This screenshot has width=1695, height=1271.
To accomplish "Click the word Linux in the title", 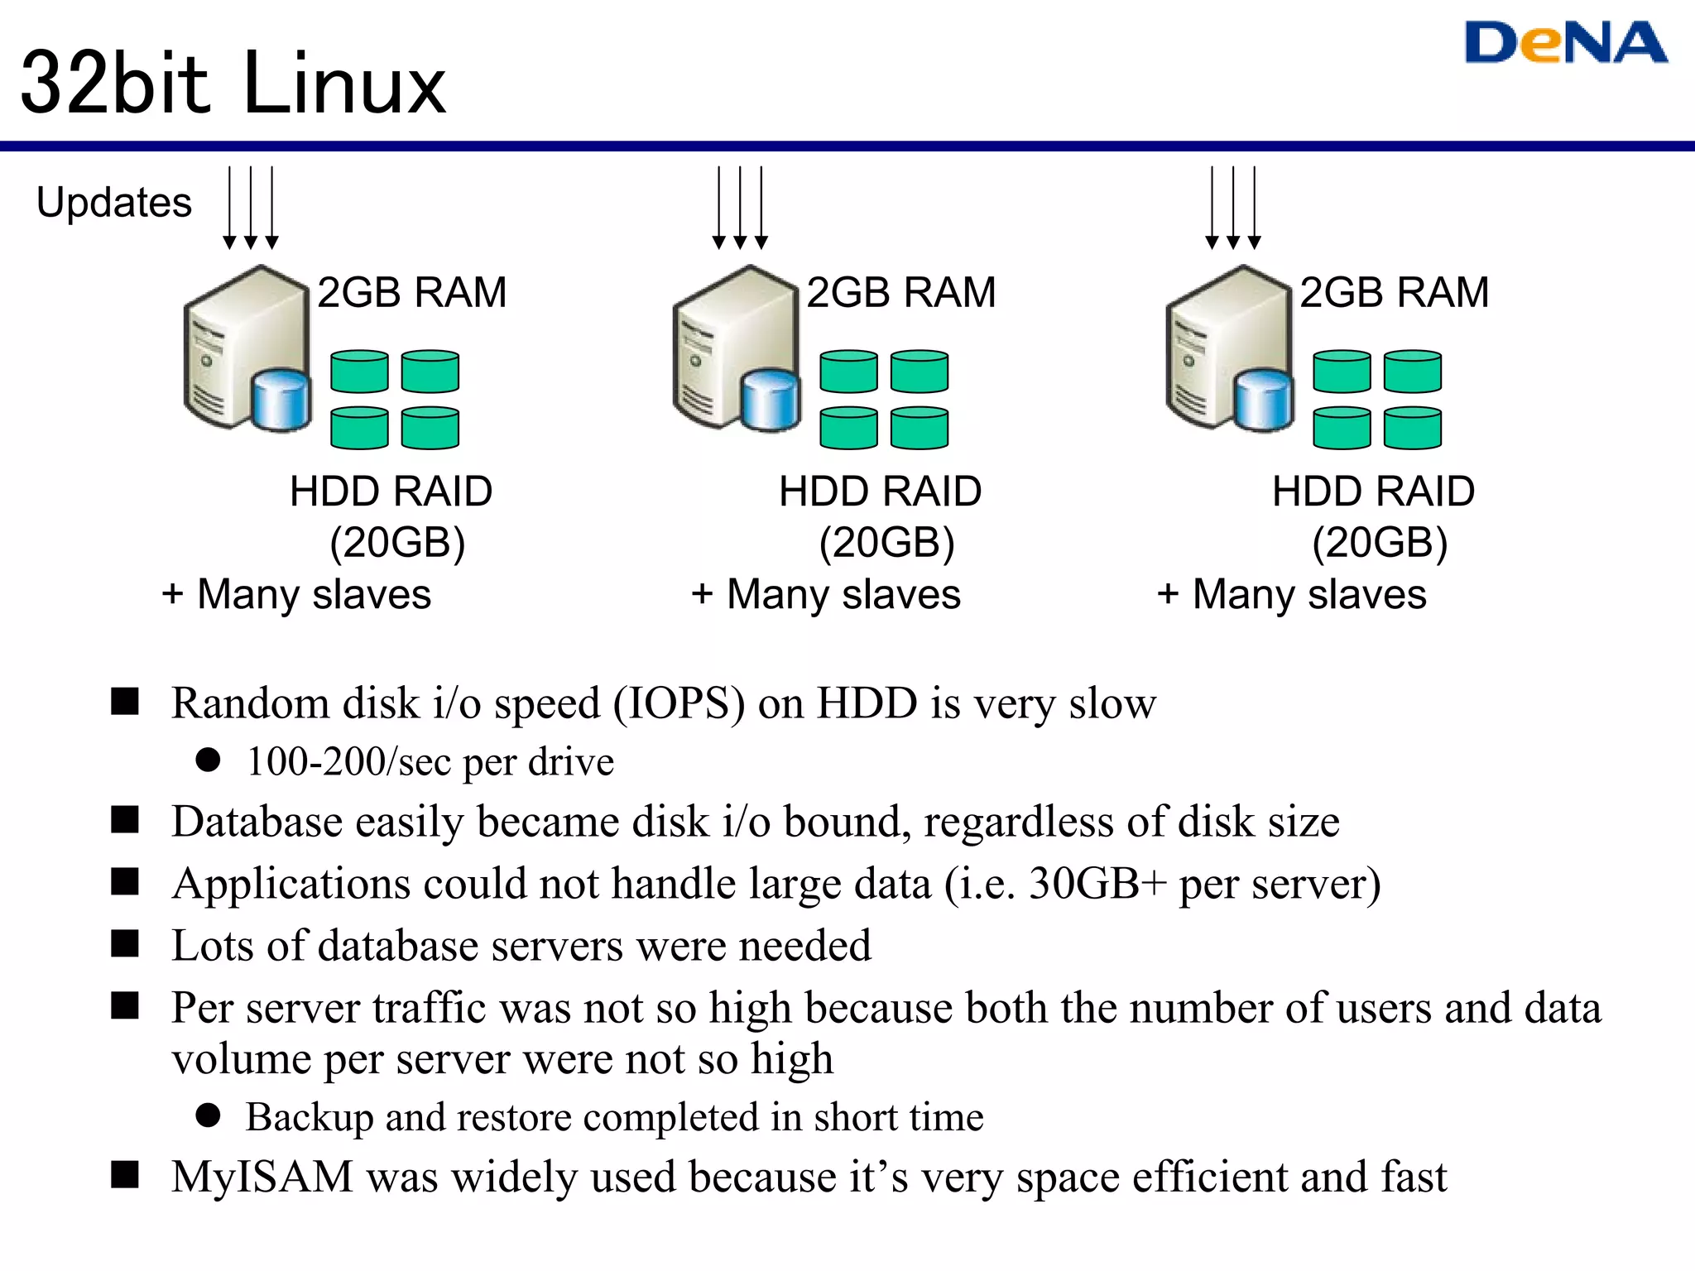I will (x=345, y=84).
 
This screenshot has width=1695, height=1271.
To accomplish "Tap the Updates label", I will (x=114, y=203).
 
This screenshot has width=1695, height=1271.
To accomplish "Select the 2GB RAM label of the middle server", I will (x=900, y=292).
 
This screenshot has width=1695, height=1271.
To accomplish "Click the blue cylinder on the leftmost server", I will (x=281, y=400).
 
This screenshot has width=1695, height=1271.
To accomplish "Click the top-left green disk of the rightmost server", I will (x=1341, y=371).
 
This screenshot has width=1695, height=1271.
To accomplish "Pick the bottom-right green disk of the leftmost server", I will (x=430, y=428).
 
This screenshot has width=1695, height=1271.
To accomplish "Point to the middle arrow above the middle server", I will (x=740, y=207).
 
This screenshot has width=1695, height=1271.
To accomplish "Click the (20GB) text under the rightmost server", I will (x=1380, y=543).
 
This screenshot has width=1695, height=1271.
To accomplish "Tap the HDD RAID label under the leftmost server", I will (x=391, y=492).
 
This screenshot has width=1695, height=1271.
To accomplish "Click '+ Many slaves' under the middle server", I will (x=826, y=594).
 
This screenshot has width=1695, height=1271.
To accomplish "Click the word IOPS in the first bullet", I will (x=679, y=703).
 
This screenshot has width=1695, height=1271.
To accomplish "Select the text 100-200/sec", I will (x=349, y=761).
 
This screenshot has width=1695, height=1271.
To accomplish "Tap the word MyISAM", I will (x=262, y=1177).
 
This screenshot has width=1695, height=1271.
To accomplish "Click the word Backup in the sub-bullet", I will (x=310, y=1117).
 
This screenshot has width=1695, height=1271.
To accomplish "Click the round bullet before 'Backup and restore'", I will (x=208, y=1115).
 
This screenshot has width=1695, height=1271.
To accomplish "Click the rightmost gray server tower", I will (x=1217, y=348).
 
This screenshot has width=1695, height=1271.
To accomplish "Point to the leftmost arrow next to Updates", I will (x=229, y=207).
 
